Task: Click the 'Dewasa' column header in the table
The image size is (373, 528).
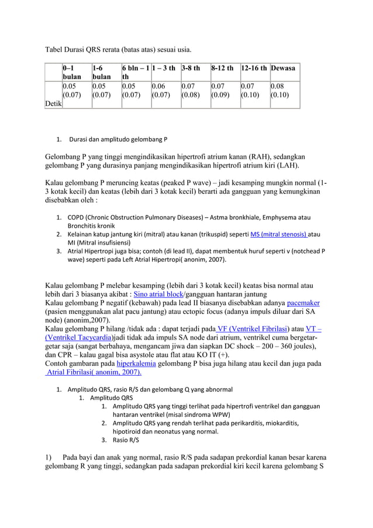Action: [x=282, y=68]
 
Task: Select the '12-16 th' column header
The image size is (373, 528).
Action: [x=254, y=68]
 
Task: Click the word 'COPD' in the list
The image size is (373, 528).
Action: [x=77, y=217]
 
